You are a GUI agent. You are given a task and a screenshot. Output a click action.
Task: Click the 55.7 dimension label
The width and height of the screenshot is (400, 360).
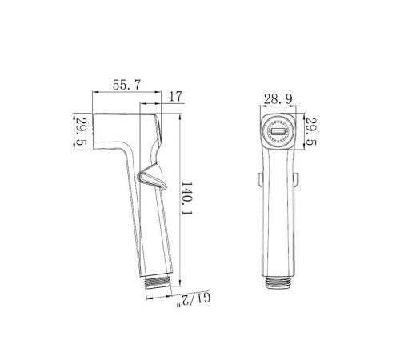point(126,85)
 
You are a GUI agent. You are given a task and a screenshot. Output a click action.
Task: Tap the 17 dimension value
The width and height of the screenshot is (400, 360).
point(175,97)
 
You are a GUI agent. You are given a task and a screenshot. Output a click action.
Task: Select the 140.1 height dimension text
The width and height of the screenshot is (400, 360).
point(187,199)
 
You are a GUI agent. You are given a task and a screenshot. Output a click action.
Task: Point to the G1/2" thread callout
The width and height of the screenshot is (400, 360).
point(194,301)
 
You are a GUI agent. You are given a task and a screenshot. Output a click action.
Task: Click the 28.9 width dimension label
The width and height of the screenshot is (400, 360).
point(278,99)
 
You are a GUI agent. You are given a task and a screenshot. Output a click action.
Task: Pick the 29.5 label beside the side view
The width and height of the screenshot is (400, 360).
point(81,132)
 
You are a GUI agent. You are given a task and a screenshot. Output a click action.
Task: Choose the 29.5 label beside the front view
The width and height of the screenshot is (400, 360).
point(310,132)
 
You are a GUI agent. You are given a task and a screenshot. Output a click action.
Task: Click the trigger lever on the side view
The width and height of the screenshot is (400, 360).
point(153,177)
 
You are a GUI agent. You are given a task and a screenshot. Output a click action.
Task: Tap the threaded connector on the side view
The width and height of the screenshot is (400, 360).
point(159,282)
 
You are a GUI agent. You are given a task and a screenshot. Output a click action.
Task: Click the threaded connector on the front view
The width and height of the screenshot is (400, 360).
point(278,282)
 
